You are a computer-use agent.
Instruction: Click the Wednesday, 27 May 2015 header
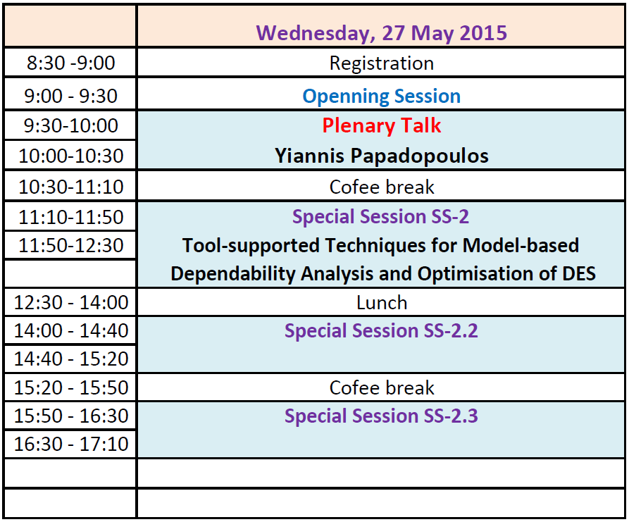[x=382, y=33]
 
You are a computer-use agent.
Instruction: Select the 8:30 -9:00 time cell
[x=71, y=63]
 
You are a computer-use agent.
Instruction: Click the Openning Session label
[x=382, y=97]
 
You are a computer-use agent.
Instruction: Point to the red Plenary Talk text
[x=382, y=125]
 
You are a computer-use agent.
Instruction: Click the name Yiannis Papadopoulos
[x=382, y=156]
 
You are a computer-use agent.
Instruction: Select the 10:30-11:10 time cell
[x=71, y=187]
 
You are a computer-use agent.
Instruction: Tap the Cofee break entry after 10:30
[x=382, y=187]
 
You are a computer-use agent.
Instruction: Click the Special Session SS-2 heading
[x=380, y=217]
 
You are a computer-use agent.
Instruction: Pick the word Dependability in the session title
[x=233, y=274]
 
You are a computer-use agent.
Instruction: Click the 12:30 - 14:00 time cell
[x=71, y=302]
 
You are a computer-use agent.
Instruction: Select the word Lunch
[x=382, y=302]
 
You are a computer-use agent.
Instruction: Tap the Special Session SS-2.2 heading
[x=381, y=331]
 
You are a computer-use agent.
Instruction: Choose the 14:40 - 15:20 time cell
[x=71, y=359]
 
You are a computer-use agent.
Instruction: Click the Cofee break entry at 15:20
[x=382, y=388]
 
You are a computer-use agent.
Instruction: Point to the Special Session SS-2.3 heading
[x=381, y=416]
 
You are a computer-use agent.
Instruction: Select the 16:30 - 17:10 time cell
[x=71, y=445]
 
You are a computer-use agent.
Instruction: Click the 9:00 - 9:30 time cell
[x=71, y=97]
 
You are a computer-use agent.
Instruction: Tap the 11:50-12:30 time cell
[x=71, y=245]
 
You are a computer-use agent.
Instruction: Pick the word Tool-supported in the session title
[x=251, y=246]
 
